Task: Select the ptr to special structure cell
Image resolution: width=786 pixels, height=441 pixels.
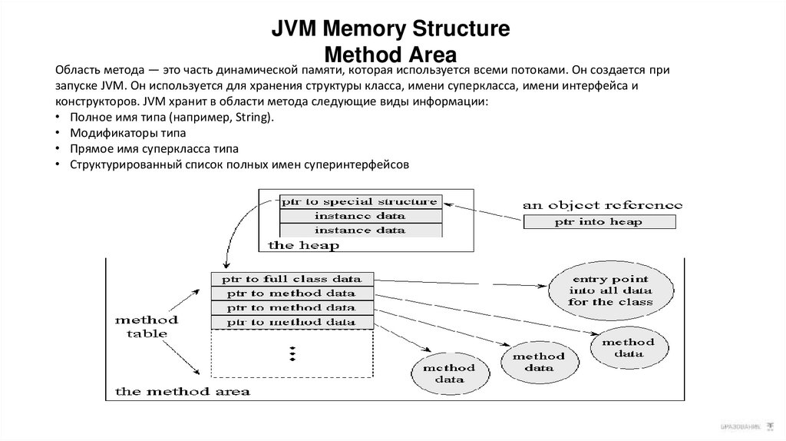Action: (x=359, y=202)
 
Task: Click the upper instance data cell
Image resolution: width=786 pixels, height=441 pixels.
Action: (x=359, y=216)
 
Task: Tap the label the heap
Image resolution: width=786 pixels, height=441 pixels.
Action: (x=303, y=245)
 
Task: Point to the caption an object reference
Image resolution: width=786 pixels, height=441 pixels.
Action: (x=602, y=205)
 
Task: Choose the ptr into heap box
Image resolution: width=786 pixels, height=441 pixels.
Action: (x=599, y=222)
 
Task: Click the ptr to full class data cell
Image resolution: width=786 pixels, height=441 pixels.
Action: (x=292, y=278)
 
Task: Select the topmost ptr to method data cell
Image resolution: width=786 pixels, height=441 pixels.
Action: (x=292, y=293)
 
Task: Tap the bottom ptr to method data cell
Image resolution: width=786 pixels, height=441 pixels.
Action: (x=292, y=322)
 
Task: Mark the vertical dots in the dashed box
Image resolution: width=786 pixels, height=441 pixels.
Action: (x=292, y=353)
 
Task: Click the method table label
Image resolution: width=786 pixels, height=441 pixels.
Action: (x=147, y=327)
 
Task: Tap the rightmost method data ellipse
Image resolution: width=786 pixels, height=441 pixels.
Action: (x=627, y=347)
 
